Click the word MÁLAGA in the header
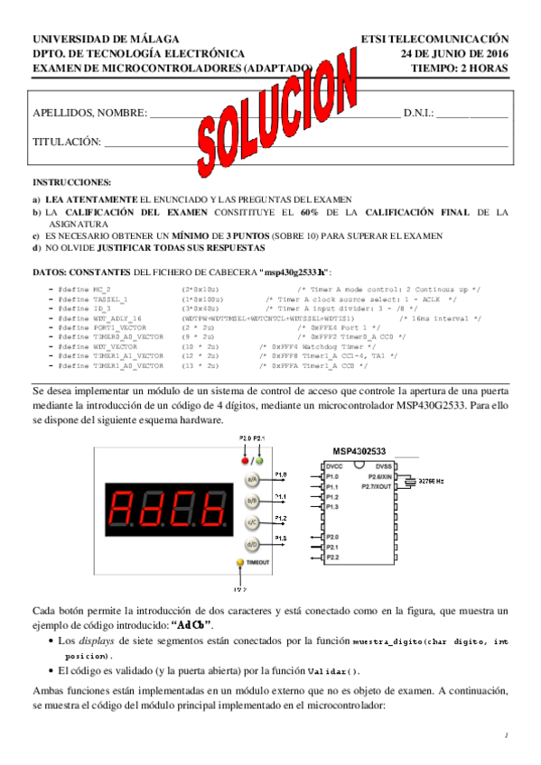[x=152, y=40]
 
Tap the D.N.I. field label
[x=418, y=114]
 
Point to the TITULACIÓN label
[x=66, y=142]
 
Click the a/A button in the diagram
[x=253, y=479]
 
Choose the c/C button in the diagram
[x=253, y=522]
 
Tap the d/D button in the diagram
[x=253, y=544]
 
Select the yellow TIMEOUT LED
[x=239, y=562]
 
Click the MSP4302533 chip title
[x=359, y=450]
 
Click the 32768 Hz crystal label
[x=432, y=483]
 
